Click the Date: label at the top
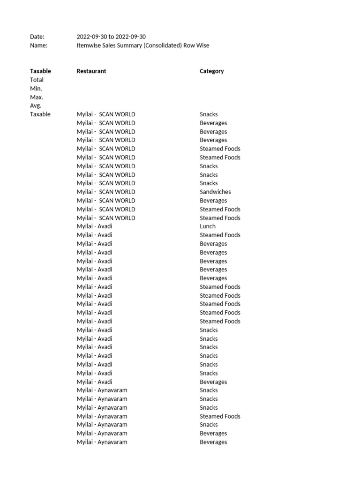(37, 37)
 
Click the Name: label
(39, 45)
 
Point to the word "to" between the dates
(111, 37)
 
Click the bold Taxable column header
(40, 71)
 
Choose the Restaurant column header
(91, 71)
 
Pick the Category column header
(211, 71)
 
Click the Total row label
(37, 80)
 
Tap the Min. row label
(36, 89)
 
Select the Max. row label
(37, 97)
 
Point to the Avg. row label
(36, 105)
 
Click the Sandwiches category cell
(215, 192)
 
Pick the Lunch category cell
(208, 226)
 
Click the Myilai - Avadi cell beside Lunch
(95, 226)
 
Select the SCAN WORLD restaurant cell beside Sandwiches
(106, 192)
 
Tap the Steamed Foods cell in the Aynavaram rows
(220, 416)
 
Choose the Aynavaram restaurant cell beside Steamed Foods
(102, 416)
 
